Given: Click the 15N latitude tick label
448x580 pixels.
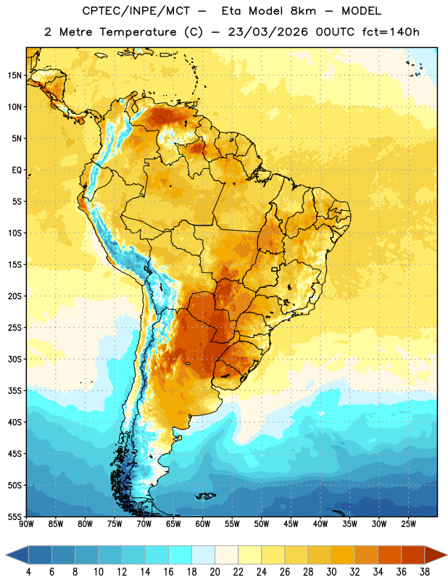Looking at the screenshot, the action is pos(14,75).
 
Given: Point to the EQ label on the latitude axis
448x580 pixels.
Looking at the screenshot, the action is pos(17,170).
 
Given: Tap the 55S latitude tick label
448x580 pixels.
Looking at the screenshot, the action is pos(14,517).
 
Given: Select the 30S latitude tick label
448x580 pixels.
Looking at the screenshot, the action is pos(14,359).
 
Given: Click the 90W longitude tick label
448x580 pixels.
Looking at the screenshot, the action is pos(26,524).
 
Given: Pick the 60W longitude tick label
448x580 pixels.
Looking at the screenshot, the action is pos(203,524).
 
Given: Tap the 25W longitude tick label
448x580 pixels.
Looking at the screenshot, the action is pos(409,524).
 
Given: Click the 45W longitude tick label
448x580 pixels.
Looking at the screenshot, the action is pos(291,524).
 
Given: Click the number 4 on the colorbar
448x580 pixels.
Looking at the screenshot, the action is pos(28,572).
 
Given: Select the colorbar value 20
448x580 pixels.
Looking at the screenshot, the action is pos(215,572).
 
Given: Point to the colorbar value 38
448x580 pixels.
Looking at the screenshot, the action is pos(425,572).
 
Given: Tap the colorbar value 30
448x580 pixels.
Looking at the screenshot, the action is pos(331,572).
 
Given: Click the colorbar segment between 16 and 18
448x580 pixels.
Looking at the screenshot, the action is pos(181,555).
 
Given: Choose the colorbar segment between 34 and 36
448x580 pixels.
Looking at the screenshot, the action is pos(390,555).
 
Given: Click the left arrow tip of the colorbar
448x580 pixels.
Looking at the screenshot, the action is pos(6,555).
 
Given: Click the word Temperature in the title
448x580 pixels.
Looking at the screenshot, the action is pos(138,32).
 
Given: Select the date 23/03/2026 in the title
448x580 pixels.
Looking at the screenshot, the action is pos(268,32).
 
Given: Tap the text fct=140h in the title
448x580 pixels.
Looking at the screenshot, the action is pos(391,32).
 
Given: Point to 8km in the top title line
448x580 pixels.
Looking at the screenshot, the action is pos(303,11).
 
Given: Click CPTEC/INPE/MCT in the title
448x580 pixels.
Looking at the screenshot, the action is pos(136,11).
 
